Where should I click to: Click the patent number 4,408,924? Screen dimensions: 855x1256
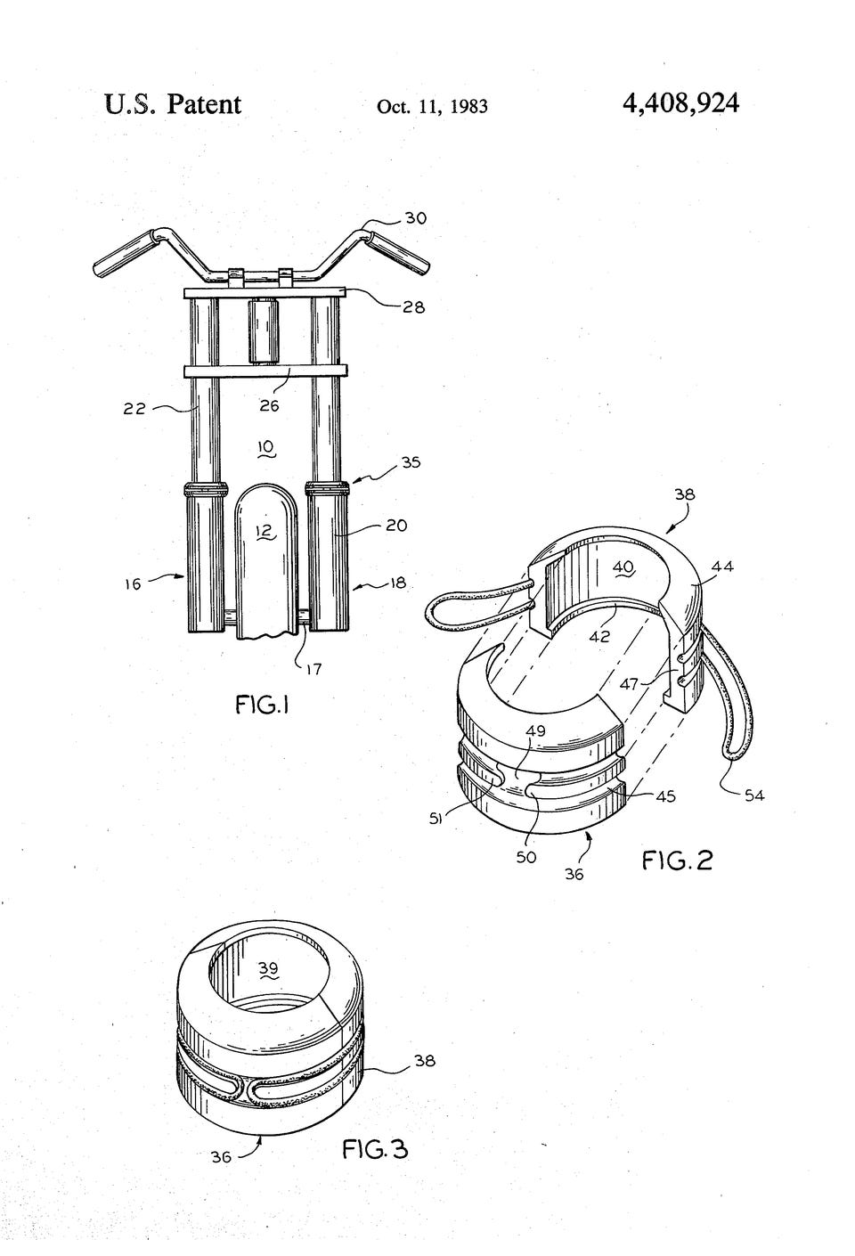tap(680, 103)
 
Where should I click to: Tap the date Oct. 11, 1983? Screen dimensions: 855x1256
tap(432, 107)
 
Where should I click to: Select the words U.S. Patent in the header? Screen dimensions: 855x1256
tap(173, 104)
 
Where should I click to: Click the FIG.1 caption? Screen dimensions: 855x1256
tap(262, 705)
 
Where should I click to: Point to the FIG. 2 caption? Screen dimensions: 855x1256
tap(677, 860)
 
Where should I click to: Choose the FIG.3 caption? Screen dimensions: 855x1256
tap(375, 1149)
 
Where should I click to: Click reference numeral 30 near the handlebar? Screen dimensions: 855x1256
tap(415, 217)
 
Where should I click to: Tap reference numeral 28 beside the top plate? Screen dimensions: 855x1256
tap(413, 306)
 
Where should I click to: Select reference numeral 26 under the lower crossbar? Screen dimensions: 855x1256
tap(270, 404)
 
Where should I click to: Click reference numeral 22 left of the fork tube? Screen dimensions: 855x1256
tap(134, 408)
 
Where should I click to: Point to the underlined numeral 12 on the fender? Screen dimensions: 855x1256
tap(265, 531)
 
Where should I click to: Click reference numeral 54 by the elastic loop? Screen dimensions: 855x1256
tap(754, 795)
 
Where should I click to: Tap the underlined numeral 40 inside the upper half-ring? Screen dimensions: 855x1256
tap(623, 568)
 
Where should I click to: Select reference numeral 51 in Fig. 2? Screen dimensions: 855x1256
tap(436, 819)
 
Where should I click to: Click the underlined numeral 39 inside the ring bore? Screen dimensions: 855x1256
tap(269, 969)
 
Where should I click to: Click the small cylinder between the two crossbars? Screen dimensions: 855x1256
tap(265, 330)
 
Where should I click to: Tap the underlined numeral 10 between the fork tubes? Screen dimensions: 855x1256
tap(265, 448)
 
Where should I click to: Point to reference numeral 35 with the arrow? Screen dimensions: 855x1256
tap(411, 462)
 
